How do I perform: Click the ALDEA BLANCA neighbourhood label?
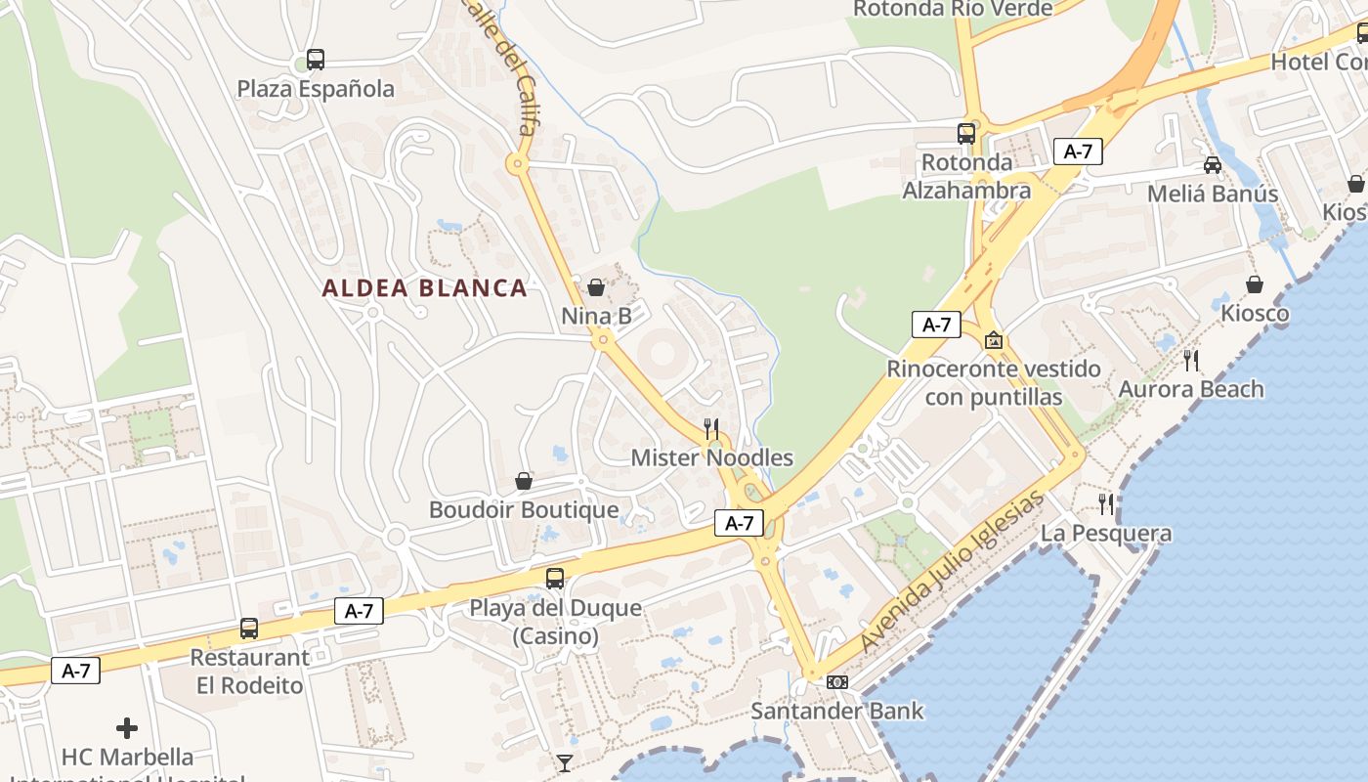424,288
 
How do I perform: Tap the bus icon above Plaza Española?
315,60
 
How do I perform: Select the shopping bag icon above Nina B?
595,287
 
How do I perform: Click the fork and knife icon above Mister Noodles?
711,428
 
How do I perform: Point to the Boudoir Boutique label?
524,510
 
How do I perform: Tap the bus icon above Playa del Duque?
554,579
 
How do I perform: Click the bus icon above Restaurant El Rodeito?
249,629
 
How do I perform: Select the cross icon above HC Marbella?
126,728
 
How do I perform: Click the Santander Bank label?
836,711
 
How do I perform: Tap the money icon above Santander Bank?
836,682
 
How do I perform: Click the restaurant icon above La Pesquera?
1106,504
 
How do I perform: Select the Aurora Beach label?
1190,389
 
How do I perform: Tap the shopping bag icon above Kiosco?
1255,284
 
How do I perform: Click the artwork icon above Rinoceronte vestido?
994,340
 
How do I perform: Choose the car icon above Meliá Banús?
1212,165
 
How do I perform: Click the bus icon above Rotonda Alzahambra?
965,134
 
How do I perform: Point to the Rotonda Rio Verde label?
953,10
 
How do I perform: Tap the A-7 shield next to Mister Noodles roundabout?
739,523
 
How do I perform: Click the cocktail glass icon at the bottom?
564,762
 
